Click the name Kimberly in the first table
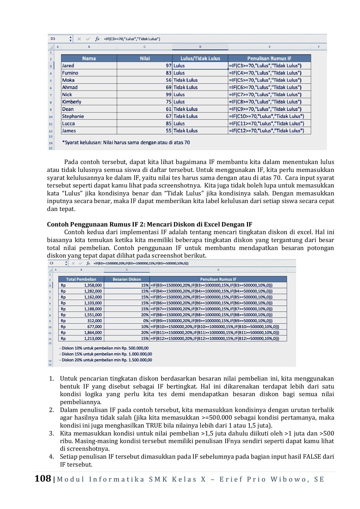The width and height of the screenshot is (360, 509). [72, 102]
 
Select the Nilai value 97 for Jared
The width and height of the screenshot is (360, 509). [169, 66]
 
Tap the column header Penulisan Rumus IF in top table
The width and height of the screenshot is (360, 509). [269, 59]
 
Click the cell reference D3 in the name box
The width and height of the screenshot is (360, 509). [53, 39]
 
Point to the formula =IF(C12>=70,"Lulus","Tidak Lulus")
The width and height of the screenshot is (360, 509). [266, 131]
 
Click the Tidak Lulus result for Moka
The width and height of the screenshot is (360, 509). [186, 80]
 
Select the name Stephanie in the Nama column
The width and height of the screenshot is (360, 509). [73, 116]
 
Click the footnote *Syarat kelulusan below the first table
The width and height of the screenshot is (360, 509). [126, 143]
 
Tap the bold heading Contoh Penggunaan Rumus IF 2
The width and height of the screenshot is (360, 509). [149, 225]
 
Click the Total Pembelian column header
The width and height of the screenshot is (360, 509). [81, 279]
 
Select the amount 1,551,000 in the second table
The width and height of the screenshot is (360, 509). [93, 315]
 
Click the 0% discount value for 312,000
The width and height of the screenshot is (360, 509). [146, 321]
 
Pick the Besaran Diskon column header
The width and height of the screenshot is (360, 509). [127, 279]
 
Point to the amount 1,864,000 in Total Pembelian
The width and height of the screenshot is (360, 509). [93, 333]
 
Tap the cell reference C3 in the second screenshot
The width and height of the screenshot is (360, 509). [51, 263]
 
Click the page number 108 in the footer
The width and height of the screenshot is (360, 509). [43, 478]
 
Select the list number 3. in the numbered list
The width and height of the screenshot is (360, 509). [51, 433]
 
